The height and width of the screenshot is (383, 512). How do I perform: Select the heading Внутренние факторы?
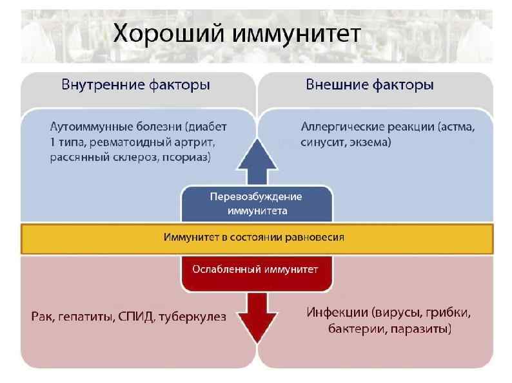135,85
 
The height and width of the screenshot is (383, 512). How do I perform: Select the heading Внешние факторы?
369,85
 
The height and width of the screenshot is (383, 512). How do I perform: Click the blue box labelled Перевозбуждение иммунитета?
257,203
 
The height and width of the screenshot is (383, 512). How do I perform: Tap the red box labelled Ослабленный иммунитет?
257,270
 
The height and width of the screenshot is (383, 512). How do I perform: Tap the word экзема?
369,142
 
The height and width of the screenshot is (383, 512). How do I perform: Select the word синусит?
324,142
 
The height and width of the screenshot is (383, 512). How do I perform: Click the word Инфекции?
335,313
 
